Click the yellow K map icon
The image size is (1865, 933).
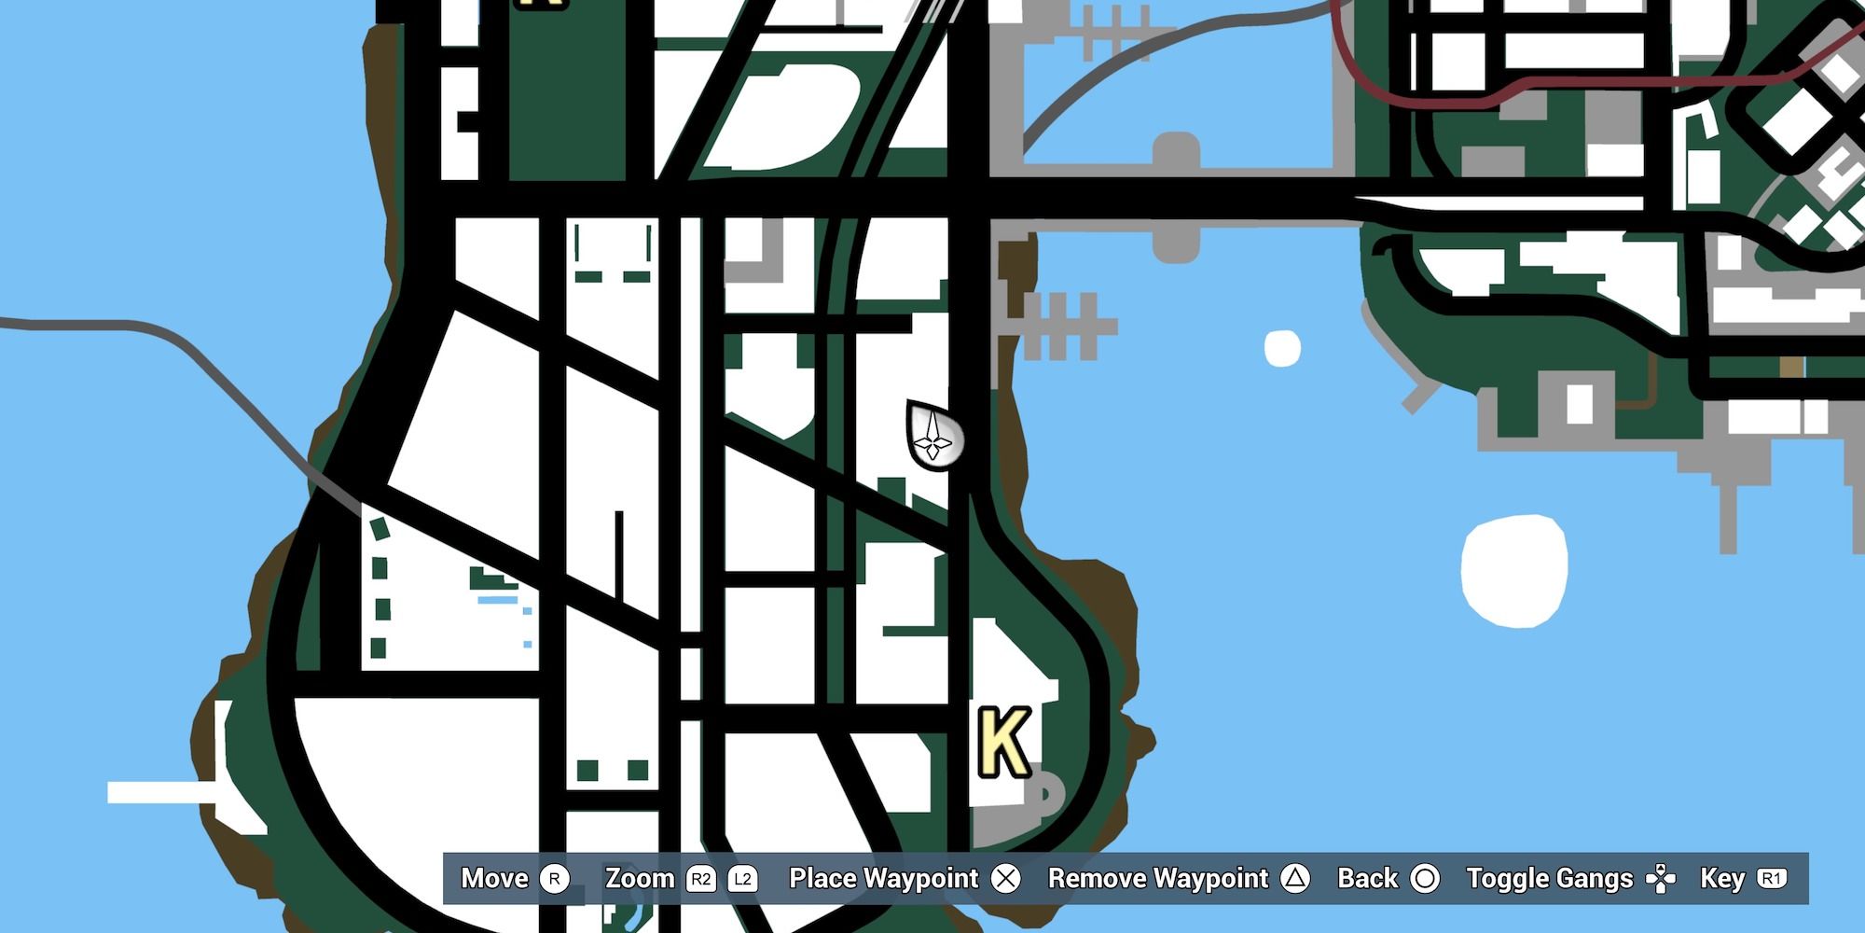[x=1003, y=742]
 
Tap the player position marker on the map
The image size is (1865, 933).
[x=933, y=436]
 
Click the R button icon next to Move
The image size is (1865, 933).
[x=554, y=879]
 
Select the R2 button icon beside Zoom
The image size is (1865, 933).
[x=700, y=879]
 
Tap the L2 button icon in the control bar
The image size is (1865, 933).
[x=742, y=879]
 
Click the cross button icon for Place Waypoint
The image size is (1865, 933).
[x=1005, y=879]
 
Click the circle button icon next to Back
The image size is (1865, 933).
[x=1424, y=879]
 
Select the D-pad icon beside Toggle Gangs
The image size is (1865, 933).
[x=1660, y=879]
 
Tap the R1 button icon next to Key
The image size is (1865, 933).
[x=1771, y=879]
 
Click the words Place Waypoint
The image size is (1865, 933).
[x=883, y=879]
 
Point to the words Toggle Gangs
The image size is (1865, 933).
[x=1549, y=879]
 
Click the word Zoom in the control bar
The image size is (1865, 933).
[x=640, y=879]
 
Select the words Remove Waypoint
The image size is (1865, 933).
[x=1158, y=879]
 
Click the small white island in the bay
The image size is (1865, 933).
[x=1282, y=348]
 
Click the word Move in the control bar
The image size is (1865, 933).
[x=494, y=879]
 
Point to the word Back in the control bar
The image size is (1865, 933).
[x=1367, y=879]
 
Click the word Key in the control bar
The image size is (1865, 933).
[x=1721, y=879]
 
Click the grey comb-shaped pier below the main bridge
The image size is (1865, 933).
[x=1063, y=326]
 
